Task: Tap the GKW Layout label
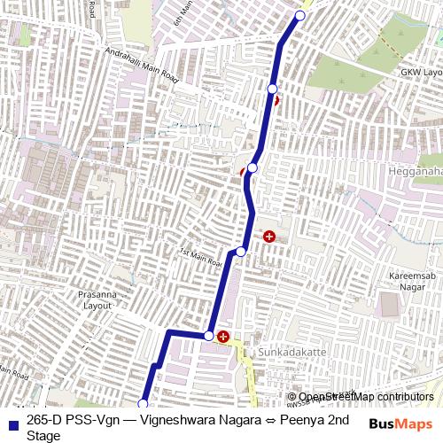[x=420, y=72]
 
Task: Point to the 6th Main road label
[x=183, y=12]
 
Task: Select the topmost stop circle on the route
[x=299, y=16]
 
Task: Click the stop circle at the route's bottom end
[x=143, y=404]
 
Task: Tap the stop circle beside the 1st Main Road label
[x=240, y=253]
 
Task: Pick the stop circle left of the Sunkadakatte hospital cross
[x=208, y=336]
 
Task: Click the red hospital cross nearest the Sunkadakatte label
[x=223, y=336]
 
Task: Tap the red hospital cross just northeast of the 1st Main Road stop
[x=268, y=237]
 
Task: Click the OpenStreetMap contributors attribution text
[x=365, y=397]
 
